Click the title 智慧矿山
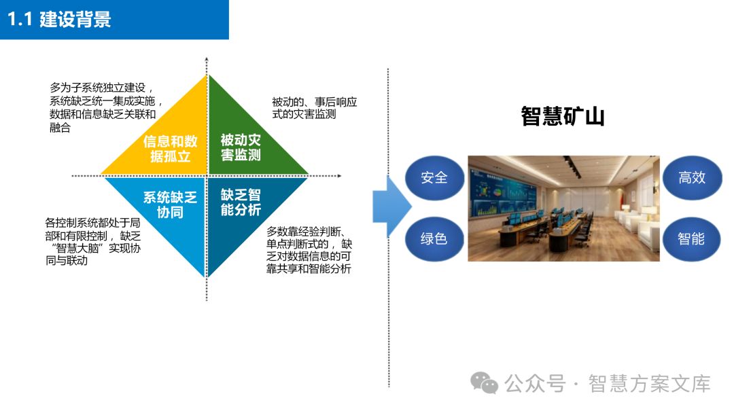[x=563, y=116]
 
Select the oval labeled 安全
[x=434, y=178]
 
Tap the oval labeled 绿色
[x=434, y=238]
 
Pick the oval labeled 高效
[x=691, y=178]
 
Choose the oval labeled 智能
[x=691, y=238]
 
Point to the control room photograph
[x=563, y=208]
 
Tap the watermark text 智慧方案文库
[x=649, y=384]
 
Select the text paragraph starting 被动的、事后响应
[x=314, y=108]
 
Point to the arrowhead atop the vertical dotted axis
[x=206, y=62]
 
